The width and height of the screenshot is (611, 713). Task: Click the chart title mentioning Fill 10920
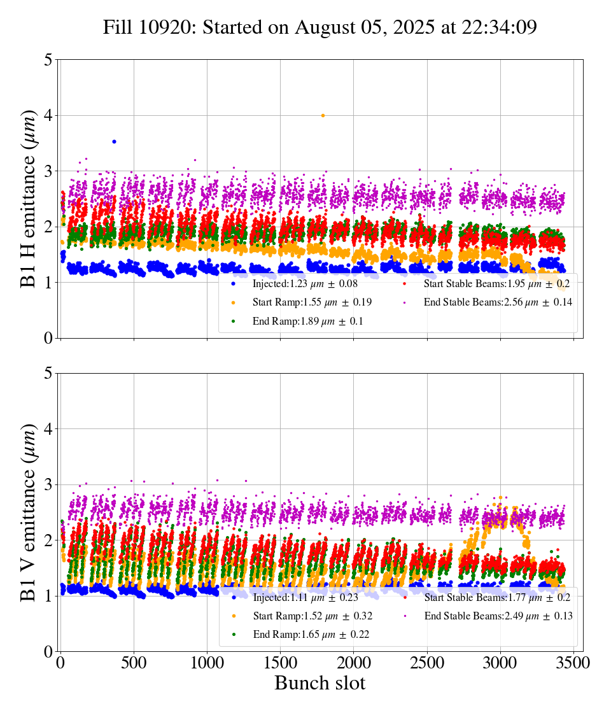pos(320,27)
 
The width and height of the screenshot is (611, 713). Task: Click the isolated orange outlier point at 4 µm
pos(323,115)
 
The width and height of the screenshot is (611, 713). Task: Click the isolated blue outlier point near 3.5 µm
pos(114,141)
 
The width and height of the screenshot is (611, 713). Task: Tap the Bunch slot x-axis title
pos(320,683)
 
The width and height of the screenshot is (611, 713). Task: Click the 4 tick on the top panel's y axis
pos(48,115)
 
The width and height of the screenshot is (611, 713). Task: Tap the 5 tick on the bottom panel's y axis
pos(48,373)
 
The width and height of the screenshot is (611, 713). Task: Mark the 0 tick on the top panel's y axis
pos(48,338)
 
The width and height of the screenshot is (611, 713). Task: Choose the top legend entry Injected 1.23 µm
pos(304,283)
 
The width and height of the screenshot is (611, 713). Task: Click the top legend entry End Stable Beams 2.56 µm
pos(498,302)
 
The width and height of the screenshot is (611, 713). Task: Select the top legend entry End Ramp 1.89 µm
pos(308,321)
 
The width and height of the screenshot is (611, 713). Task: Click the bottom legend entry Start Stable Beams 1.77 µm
pos(496,597)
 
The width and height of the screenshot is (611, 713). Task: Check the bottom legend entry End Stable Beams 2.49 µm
pos(498,616)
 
